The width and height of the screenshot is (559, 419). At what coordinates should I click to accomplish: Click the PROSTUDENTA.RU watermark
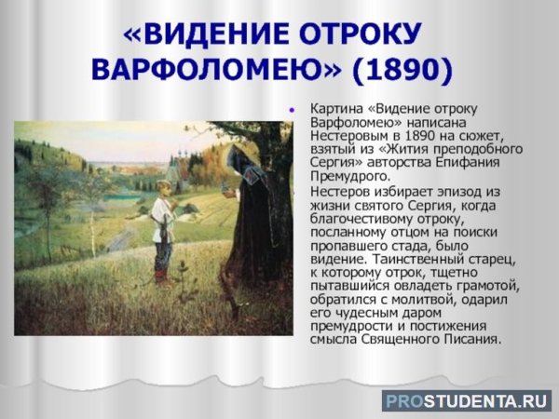[x=466, y=399]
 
